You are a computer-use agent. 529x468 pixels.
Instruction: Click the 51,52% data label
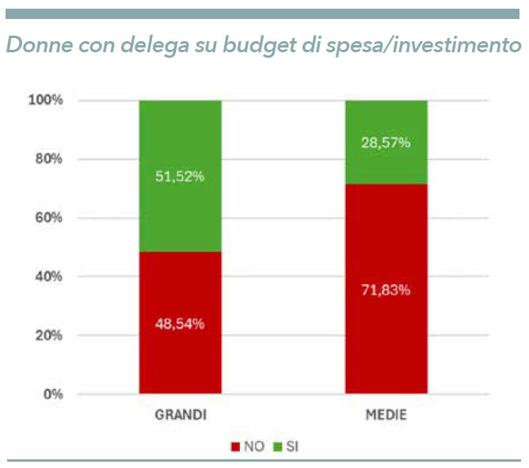[181, 177]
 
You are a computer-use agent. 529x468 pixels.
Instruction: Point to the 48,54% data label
[181, 323]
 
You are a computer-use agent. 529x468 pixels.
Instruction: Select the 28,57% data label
[386, 143]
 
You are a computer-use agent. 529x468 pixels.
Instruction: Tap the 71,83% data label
[386, 290]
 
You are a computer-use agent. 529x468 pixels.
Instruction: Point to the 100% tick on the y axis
[47, 101]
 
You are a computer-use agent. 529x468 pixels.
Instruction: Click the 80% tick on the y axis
[50, 159]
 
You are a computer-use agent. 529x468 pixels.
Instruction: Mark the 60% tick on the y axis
[50, 218]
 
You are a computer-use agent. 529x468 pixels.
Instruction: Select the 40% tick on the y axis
[50, 276]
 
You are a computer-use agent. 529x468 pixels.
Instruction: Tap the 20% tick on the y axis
[50, 335]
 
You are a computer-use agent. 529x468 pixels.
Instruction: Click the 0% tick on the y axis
[53, 394]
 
